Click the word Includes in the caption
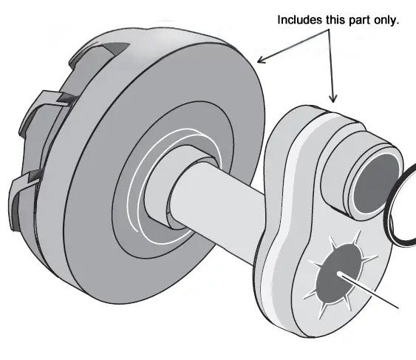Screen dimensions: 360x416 point(300,20)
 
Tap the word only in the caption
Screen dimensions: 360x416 point(384,20)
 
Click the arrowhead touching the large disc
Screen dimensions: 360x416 point(259,58)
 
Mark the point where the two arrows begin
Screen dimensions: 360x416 point(324,30)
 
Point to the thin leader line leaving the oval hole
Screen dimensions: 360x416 point(377,293)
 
